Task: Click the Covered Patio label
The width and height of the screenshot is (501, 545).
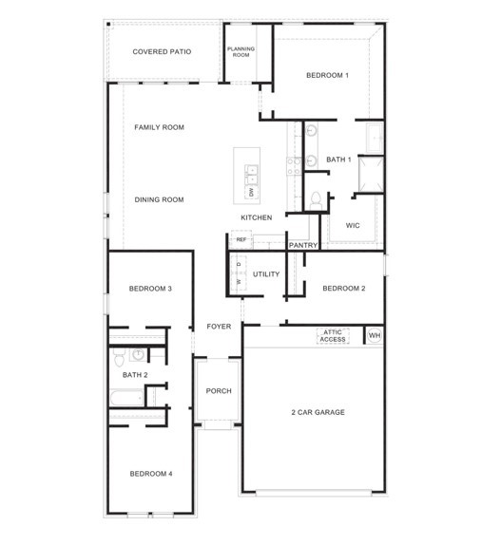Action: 162,51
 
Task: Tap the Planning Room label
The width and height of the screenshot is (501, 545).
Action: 241,52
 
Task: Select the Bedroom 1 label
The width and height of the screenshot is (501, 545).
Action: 327,75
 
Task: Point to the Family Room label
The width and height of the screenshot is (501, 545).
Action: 159,127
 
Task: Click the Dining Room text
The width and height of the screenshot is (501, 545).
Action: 159,199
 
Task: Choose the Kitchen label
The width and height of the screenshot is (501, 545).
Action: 256,217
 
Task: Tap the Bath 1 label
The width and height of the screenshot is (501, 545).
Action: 338,159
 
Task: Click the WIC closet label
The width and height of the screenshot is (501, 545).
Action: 352,226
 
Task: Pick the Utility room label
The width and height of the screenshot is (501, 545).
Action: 266,274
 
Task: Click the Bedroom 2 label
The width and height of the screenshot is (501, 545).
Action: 344,288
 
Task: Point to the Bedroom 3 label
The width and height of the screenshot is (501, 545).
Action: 150,288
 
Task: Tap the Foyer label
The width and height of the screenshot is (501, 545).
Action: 219,327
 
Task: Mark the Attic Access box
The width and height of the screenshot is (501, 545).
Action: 333,335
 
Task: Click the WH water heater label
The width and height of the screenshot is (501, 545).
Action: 374,335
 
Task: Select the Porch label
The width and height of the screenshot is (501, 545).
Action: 219,391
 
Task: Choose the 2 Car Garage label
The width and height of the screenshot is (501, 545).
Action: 317,412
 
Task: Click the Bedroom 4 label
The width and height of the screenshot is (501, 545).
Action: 150,473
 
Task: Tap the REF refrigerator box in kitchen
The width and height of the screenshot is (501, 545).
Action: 241,240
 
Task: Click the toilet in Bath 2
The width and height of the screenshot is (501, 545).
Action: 118,358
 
